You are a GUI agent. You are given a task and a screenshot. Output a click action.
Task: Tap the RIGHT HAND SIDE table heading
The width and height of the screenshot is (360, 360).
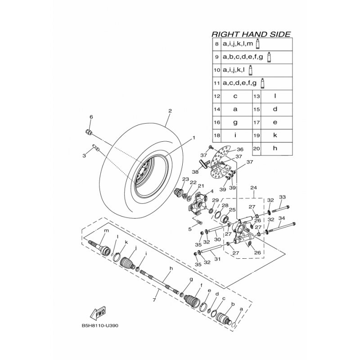251,34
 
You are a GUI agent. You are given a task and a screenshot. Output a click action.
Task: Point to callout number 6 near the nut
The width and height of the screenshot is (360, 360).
90,117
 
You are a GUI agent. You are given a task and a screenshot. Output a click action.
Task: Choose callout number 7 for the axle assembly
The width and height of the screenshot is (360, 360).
154,299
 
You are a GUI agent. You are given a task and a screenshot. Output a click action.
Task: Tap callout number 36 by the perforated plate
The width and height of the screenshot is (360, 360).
240,149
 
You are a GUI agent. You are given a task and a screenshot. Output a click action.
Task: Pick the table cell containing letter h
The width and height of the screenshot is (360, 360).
274,148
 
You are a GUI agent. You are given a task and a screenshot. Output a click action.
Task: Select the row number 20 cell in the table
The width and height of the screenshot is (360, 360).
257,148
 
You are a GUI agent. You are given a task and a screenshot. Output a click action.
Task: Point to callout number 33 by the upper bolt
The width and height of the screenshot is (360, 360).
282,197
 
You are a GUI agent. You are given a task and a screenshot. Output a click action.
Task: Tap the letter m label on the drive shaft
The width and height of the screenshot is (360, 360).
107,231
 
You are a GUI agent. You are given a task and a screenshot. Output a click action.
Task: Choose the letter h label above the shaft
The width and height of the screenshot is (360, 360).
171,269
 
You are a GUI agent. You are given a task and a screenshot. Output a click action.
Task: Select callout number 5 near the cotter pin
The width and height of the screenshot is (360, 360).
190,229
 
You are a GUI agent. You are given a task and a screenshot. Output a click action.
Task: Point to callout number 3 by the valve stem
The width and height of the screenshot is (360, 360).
84,156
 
